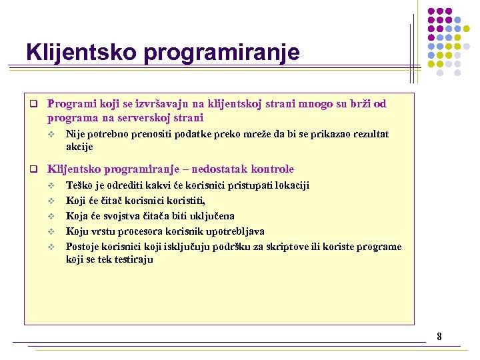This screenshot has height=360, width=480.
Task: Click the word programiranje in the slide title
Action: coord(219,53)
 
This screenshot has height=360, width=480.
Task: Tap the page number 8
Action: coord(439,337)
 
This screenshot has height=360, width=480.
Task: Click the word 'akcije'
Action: coord(79,147)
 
